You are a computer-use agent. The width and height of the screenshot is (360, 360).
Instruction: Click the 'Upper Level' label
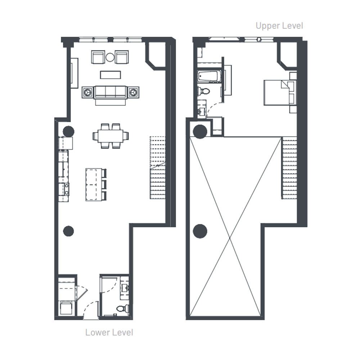[x=279, y=26]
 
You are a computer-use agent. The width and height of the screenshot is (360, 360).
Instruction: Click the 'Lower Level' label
[x=109, y=332]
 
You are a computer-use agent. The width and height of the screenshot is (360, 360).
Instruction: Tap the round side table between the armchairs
[x=110, y=57]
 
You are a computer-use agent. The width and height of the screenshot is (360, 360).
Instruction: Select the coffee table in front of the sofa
[x=110, y=75]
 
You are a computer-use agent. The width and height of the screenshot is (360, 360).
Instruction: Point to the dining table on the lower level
[x=111, y=136]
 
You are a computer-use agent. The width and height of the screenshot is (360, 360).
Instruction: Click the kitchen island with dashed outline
[x=94, y=185]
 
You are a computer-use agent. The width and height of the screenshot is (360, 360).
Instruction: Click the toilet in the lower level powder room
[x=122, y=308]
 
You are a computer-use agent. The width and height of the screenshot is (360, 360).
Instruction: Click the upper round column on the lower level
[x=69, y=132]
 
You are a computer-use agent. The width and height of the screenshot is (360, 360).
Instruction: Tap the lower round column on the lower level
[x=68, y=231]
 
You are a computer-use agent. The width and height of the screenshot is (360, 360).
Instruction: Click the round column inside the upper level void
[x=200, y=231]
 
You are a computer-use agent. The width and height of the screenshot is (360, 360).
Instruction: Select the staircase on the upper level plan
[x=289, y=168]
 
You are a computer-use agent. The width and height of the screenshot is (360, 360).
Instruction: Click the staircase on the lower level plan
[x=158, y=168]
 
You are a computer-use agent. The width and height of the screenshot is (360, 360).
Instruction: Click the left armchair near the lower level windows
[x=98, y=57]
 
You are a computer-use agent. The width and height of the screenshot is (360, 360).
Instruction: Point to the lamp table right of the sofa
[x=133, y=92]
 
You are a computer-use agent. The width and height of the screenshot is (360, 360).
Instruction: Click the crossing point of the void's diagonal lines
[x=230, y=238]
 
